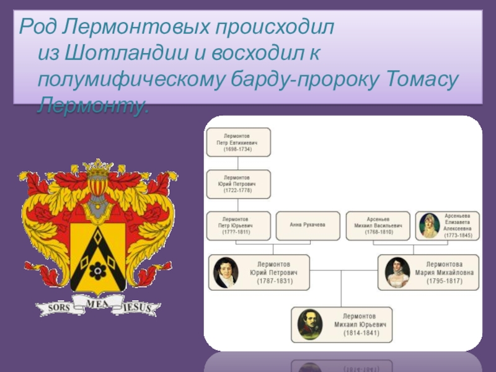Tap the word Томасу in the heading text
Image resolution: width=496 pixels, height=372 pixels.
tap(422, 80)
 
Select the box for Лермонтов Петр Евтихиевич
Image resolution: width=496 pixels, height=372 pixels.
tap(239, 142)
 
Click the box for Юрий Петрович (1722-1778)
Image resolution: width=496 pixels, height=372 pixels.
tap(239, 184)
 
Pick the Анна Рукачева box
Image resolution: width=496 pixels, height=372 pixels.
tap(307, 226)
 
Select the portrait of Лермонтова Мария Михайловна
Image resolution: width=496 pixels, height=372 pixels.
tap(395, 272)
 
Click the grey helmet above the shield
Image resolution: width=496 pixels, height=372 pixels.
tap(97, 205)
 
